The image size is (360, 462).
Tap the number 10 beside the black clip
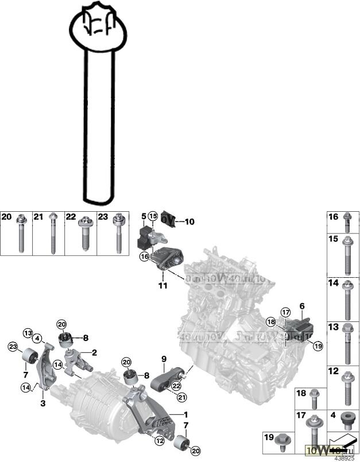(190, 220)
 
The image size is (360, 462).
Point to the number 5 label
(144, 216)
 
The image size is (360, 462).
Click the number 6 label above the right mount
(301, 308)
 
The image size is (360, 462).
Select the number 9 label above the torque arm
(163, 360)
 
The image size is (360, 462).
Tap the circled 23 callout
(13, 346)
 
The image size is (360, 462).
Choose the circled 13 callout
(28, 333)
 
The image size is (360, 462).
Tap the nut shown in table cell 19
(282, 441)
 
